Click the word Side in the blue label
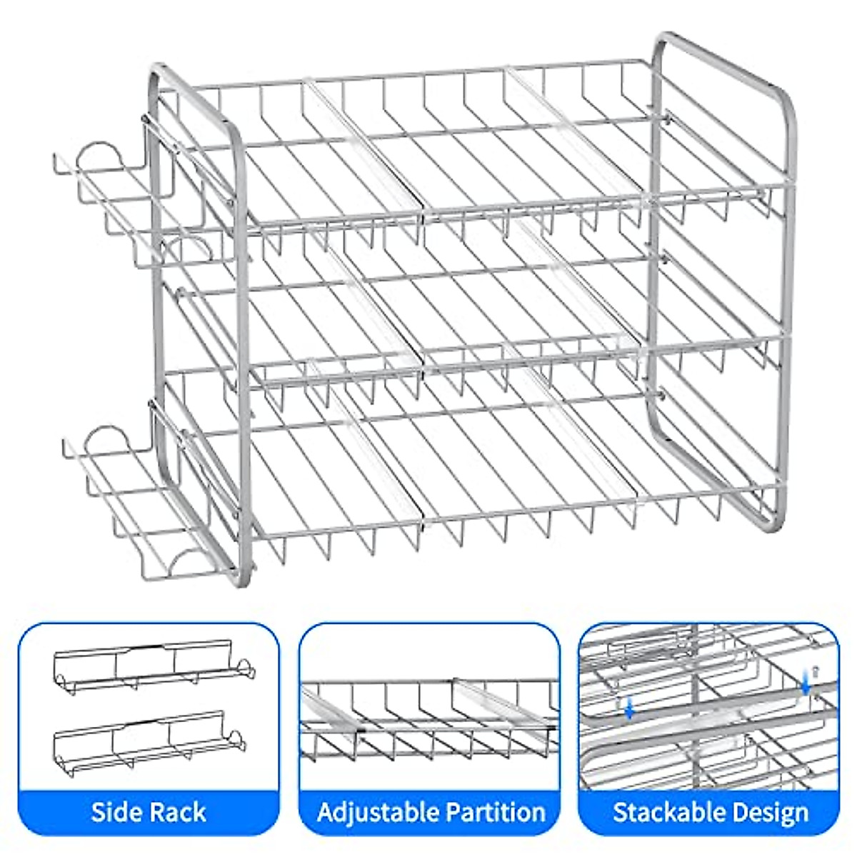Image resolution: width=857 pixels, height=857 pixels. point(117,812)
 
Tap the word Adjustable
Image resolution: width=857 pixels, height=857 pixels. point(378,812)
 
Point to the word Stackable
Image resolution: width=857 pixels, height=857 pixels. point(661,812)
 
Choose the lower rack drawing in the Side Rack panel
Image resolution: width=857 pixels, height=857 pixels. point(153,736)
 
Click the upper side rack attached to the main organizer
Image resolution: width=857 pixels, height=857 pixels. point(129,207)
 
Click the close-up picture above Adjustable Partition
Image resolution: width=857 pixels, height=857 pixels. point(429,714)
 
